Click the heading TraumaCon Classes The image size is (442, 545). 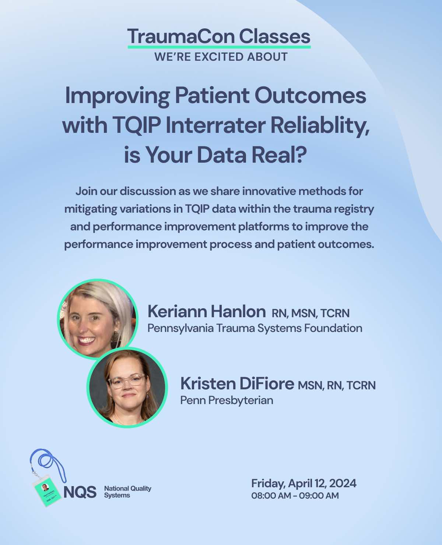219,36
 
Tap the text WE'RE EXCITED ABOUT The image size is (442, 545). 221,57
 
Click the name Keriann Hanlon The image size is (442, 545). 206,312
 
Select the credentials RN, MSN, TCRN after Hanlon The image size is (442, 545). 311,313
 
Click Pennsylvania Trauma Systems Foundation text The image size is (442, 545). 255,328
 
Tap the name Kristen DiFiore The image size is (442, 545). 237,384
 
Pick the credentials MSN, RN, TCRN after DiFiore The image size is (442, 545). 337,385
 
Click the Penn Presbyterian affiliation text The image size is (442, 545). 227,400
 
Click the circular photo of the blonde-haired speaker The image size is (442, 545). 97,319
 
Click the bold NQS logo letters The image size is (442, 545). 80,492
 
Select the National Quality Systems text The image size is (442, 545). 127,492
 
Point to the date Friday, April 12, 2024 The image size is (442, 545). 304,483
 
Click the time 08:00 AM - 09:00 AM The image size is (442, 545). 295,496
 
